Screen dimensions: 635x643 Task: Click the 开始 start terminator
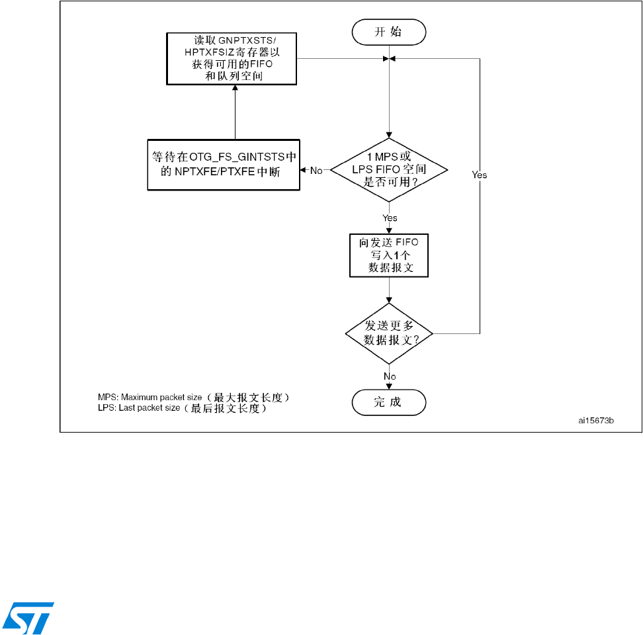point(388,31)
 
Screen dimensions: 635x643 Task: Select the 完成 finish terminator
point(388,402)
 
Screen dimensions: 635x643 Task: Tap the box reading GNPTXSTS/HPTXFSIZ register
point(231,58)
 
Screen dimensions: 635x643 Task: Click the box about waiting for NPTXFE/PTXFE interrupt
point(223,165)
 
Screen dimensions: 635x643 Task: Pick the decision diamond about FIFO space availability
point(388,171)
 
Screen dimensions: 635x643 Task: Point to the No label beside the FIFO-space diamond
point(316,171)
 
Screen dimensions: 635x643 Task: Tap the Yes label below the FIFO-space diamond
point(390,217)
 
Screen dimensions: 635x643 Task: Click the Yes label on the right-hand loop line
point(479,175)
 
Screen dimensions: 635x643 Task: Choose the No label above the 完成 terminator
point(390,376)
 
